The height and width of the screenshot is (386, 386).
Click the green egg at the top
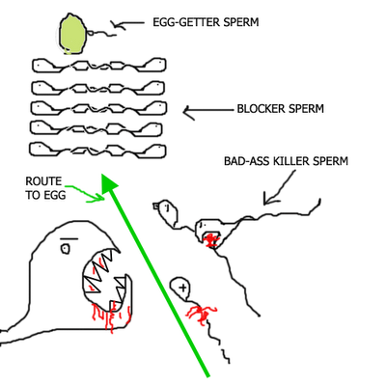point(72,34)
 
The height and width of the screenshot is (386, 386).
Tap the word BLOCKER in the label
point(261,109)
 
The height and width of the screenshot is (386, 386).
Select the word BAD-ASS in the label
point(247,160)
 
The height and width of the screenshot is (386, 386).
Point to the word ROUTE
point(43,181)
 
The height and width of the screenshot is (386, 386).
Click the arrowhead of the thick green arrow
point(108,183)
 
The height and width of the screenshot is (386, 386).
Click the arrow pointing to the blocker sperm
point(207,111)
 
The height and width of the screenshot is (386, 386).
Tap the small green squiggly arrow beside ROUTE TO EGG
point(85,192)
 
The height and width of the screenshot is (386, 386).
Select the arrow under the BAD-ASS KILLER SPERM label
point(279,188)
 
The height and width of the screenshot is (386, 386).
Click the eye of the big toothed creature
point(66,249)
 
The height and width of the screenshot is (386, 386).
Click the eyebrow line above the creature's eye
point(69,238)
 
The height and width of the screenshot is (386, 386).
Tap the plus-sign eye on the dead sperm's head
point(183,288)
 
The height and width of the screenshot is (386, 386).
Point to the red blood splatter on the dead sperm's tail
point(201,315)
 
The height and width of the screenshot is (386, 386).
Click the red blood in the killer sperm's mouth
point(210,239)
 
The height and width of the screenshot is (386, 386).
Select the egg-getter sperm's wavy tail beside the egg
point(102,33)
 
